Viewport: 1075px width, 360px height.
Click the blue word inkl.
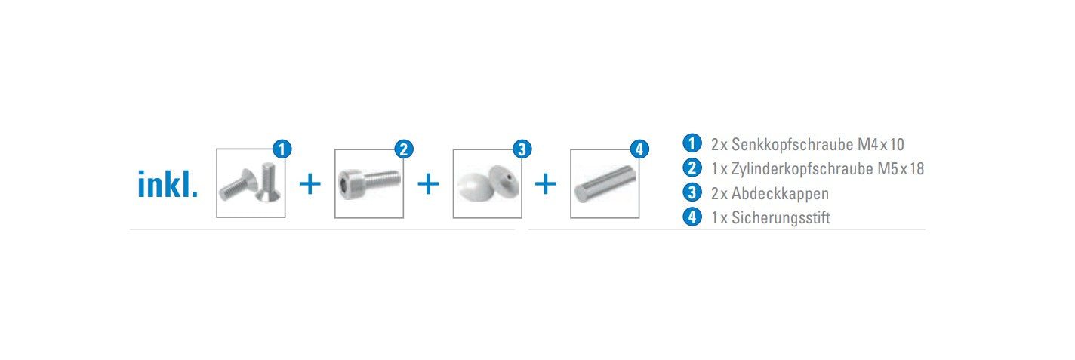pyautogui.click(x=168, y=184)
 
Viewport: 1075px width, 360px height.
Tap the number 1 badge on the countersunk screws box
pyautogui.click(x=282, y=149)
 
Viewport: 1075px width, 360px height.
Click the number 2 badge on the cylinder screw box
pyautogui.click(x=404, y=149)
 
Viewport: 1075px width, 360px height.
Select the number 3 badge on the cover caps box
pyautogui.click(x=522, y=149)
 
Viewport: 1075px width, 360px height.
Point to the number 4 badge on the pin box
pyautogui.click(x=639, y=149)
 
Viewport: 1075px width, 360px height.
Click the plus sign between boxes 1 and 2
pyautogui.click(x=310, y=184)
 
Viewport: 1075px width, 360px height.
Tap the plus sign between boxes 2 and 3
pyautogui.click(x=428, y=184)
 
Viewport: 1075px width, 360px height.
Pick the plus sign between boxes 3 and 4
pyautogui.click(x=546, y=184)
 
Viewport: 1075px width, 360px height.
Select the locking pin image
pyautogui.click(x=605, y=184)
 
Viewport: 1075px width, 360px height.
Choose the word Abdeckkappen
pyautogui.click(x=780, y=193)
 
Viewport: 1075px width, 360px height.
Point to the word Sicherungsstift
pyautogui.click(x=781, y=217)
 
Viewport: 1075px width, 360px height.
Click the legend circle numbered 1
pyautogui.click(x=692, y=143)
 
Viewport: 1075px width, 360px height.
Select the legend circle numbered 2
pyautogui.click(x=692, y=168)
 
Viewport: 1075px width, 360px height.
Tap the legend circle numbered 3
pyautogui.click(x=692, y=192)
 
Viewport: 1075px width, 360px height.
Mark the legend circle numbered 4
pyautogui.click(x=692, y=217)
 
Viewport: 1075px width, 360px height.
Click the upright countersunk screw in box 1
pyautogui.click(x=267, y=183)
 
